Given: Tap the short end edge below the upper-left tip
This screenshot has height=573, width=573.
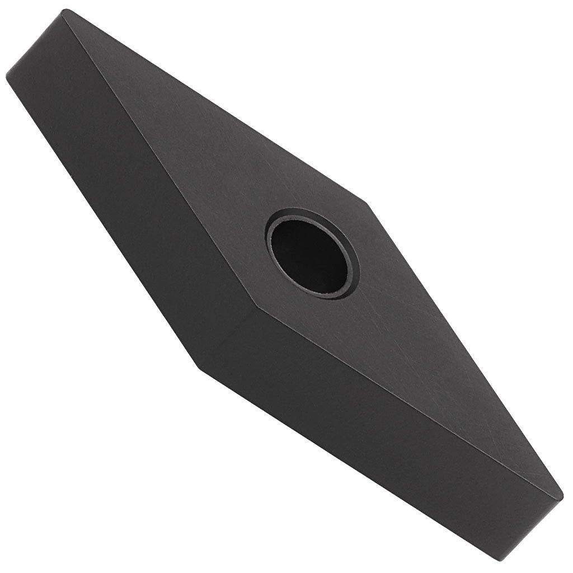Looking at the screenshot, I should [34, 45].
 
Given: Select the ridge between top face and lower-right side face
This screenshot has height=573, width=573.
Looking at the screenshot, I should [408, 397].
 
